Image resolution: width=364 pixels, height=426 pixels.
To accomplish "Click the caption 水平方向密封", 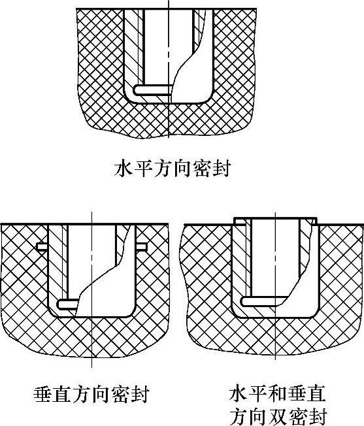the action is (173, 169).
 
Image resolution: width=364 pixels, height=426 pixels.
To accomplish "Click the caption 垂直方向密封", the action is (91, 394).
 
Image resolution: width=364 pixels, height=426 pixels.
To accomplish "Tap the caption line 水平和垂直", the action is (277, 394).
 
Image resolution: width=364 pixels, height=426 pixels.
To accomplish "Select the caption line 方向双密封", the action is (277, 416).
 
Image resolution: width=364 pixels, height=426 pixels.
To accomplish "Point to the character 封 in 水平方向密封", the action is (222, 169).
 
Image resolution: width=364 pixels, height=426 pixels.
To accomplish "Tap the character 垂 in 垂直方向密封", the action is (43, 394).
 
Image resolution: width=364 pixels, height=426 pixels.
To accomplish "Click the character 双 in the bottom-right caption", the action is (277, 416).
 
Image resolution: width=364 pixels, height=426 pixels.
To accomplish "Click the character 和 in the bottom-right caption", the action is (277, 394).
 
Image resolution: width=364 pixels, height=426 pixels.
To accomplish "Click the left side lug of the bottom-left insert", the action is (42, 247).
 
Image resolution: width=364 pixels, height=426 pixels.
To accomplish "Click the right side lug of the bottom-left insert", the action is (142, 247).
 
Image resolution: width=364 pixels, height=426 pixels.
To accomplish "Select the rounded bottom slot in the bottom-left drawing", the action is (69, 304).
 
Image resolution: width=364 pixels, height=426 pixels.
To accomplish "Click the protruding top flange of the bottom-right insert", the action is (275, 221).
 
